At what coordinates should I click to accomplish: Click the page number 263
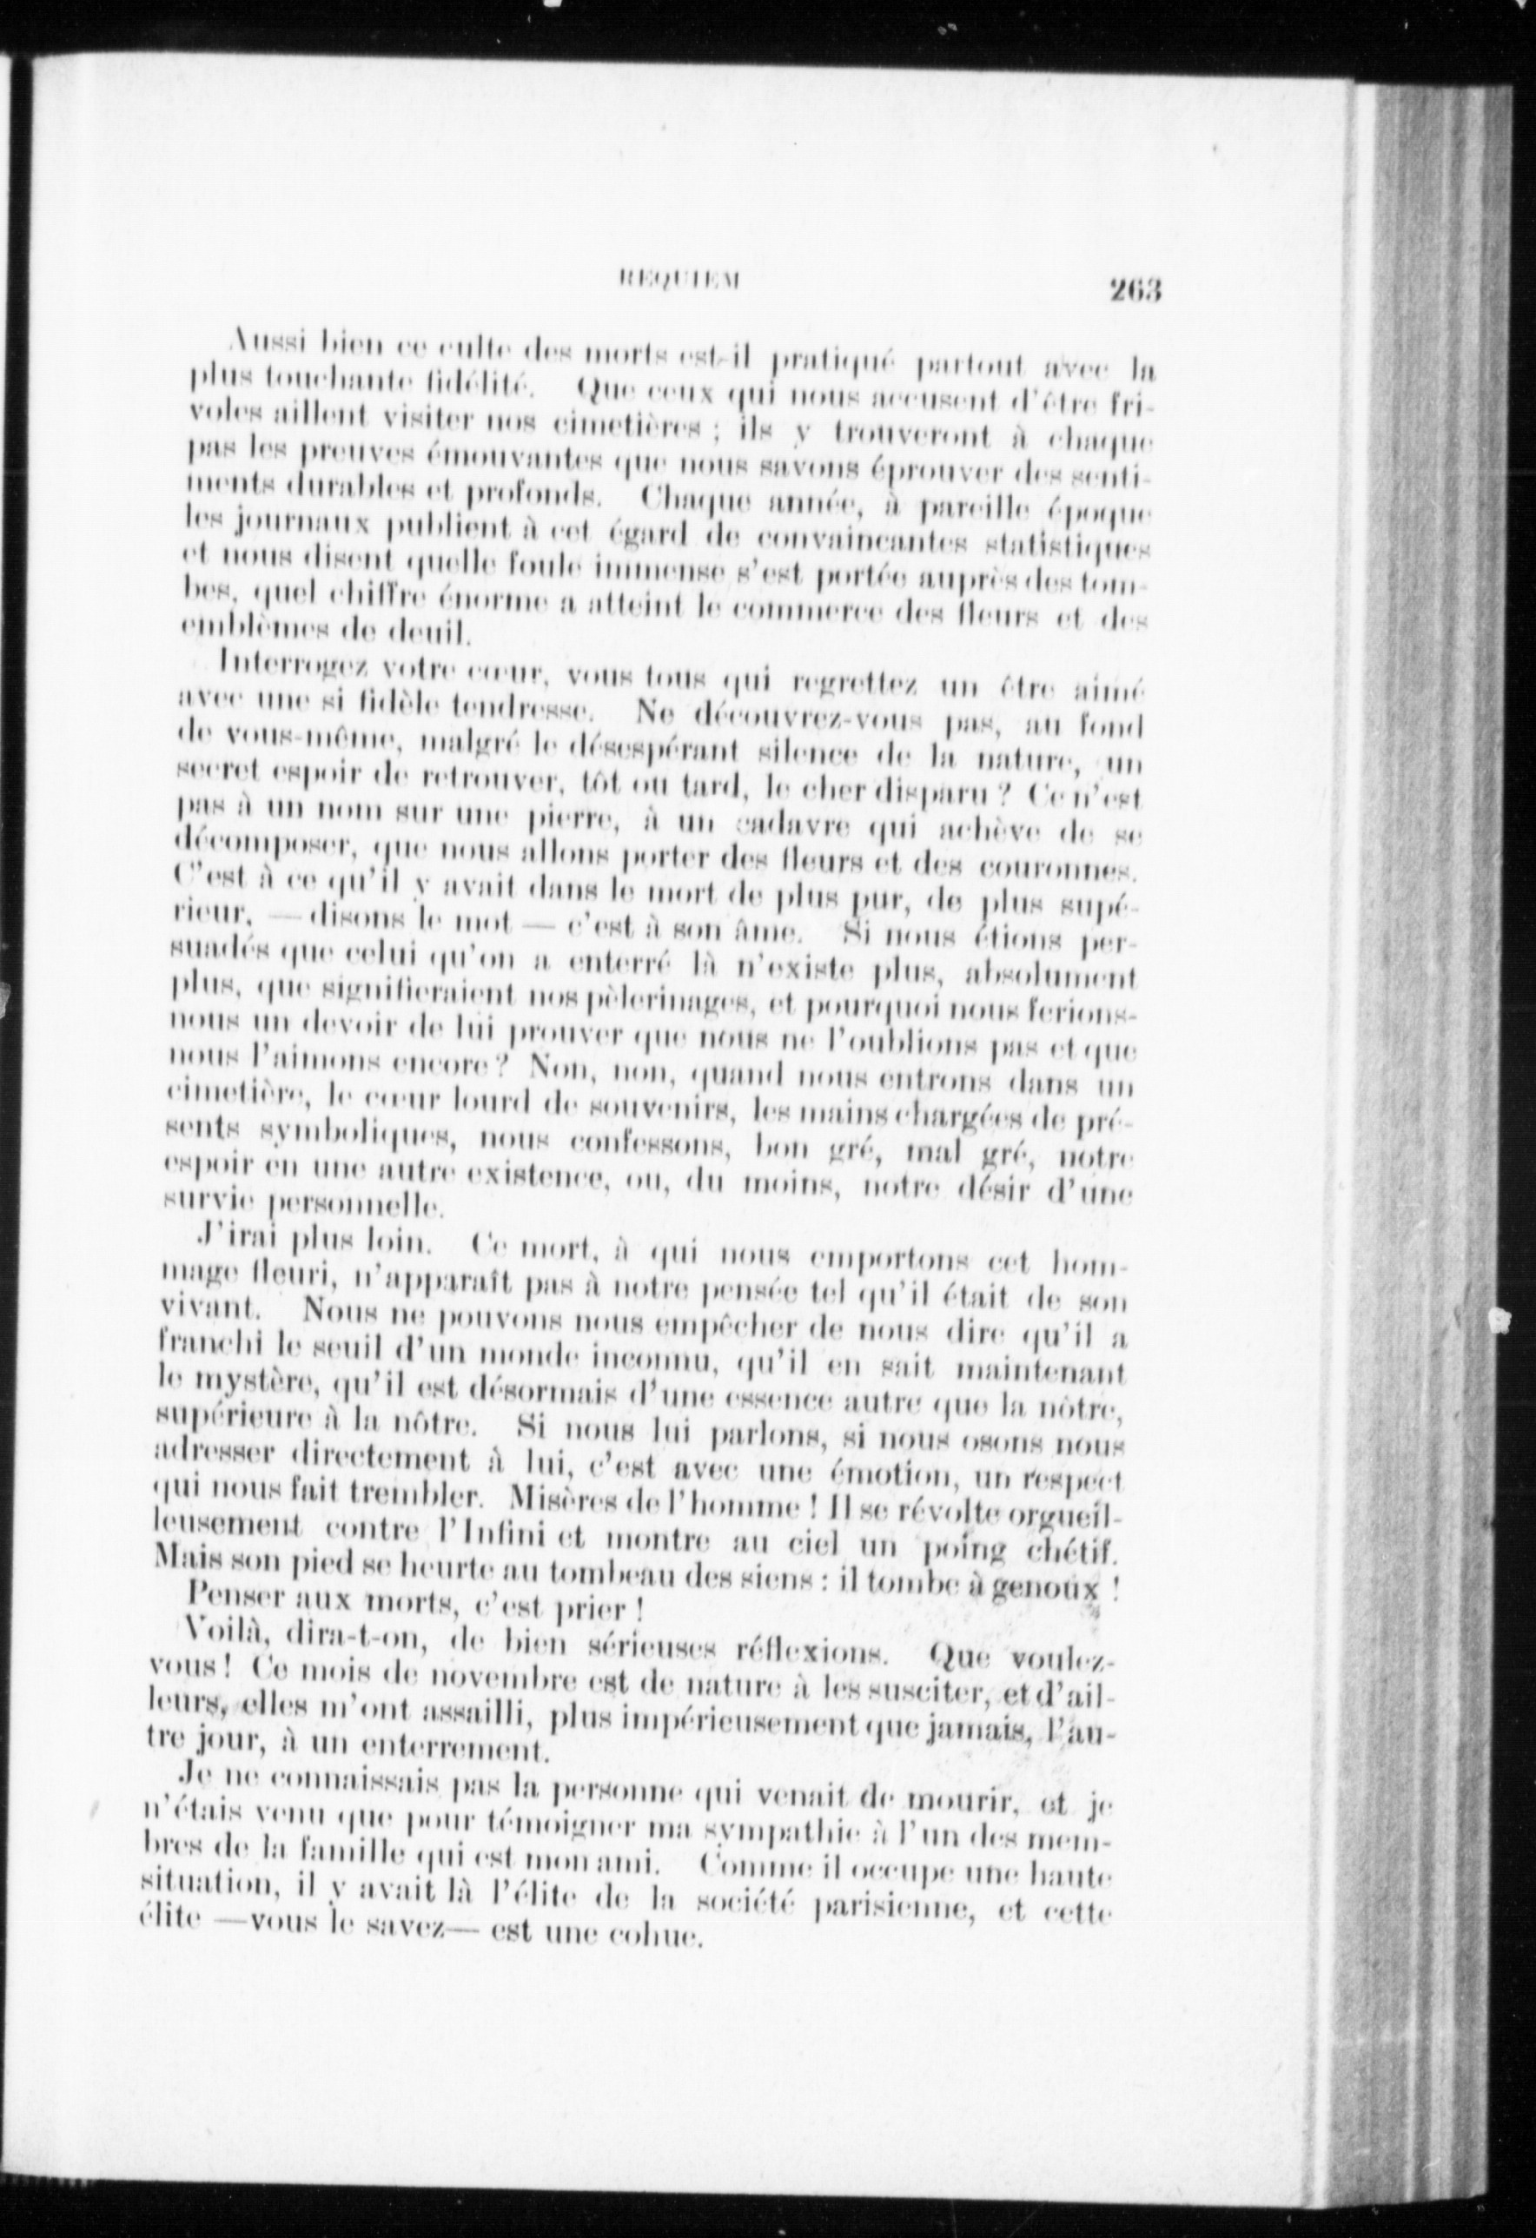tap(1136, 289)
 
